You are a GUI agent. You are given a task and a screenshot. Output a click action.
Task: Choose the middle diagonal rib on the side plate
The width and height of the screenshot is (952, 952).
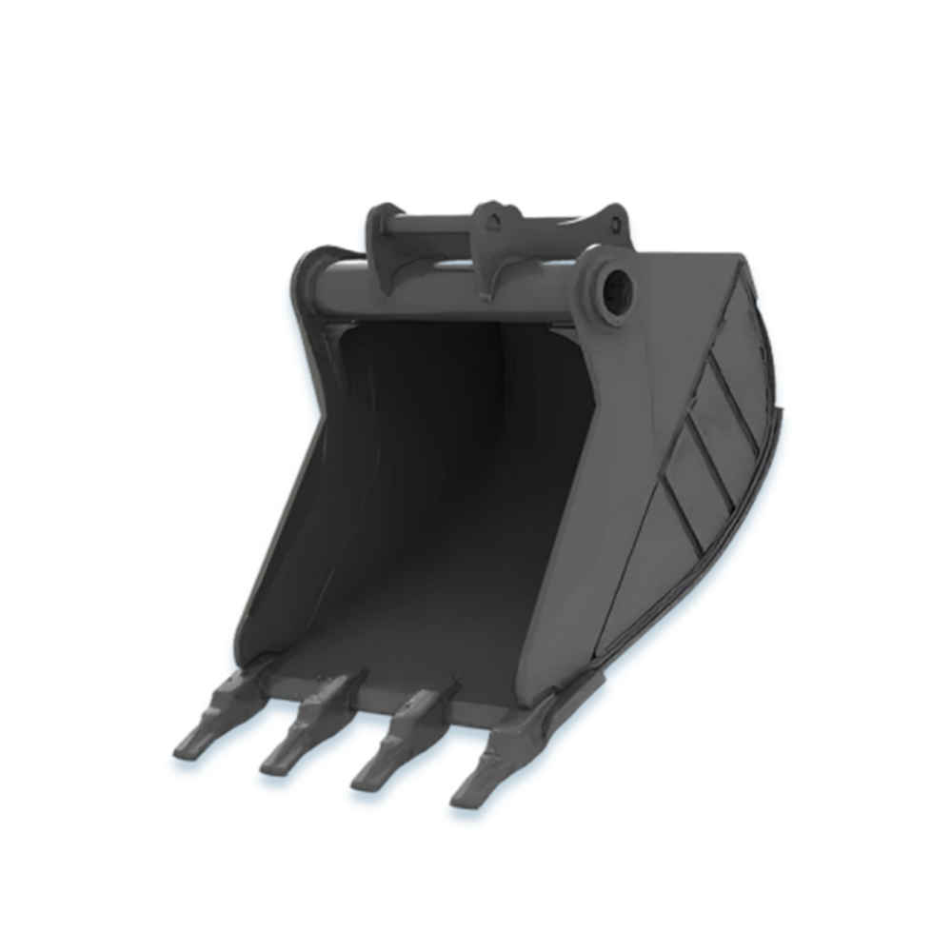[x=709, y=462]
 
